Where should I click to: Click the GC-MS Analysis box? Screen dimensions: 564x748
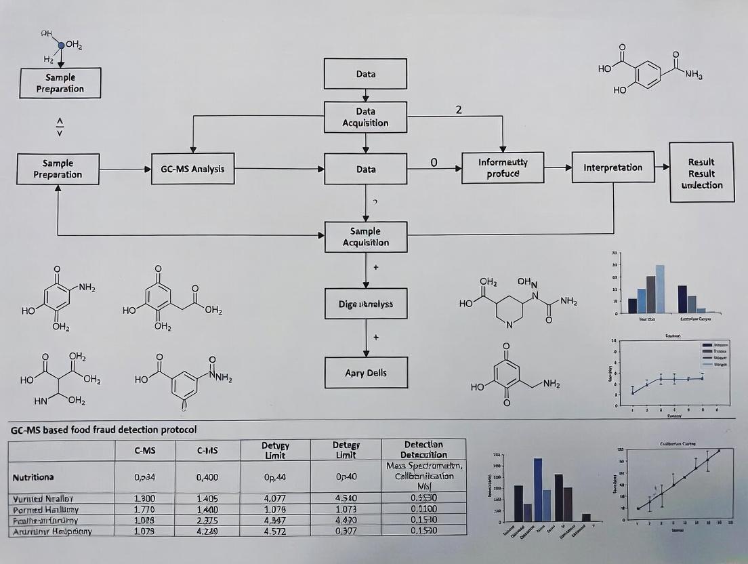tap(193, 169)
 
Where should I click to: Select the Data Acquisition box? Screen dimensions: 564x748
tap(365, 117)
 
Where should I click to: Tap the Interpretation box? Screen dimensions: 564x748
tap(613, 167)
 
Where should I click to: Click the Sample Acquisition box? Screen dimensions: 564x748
tap(365, 237)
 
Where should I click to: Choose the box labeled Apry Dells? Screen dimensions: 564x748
tap(366, 373)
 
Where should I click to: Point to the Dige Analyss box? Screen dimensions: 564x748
tap(366, 304)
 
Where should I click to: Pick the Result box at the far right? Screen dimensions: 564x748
tap(701, 173)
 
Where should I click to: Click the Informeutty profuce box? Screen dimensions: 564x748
tap(503, 168)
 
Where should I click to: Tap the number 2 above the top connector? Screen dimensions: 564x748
tap(459, 110)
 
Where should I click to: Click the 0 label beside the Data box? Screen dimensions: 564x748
tap(434, 163)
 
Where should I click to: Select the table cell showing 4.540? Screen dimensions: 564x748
tap(346, 499)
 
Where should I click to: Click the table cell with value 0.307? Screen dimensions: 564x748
tap(346, 531)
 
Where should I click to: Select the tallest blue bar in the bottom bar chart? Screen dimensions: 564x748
tap(538, 489)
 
